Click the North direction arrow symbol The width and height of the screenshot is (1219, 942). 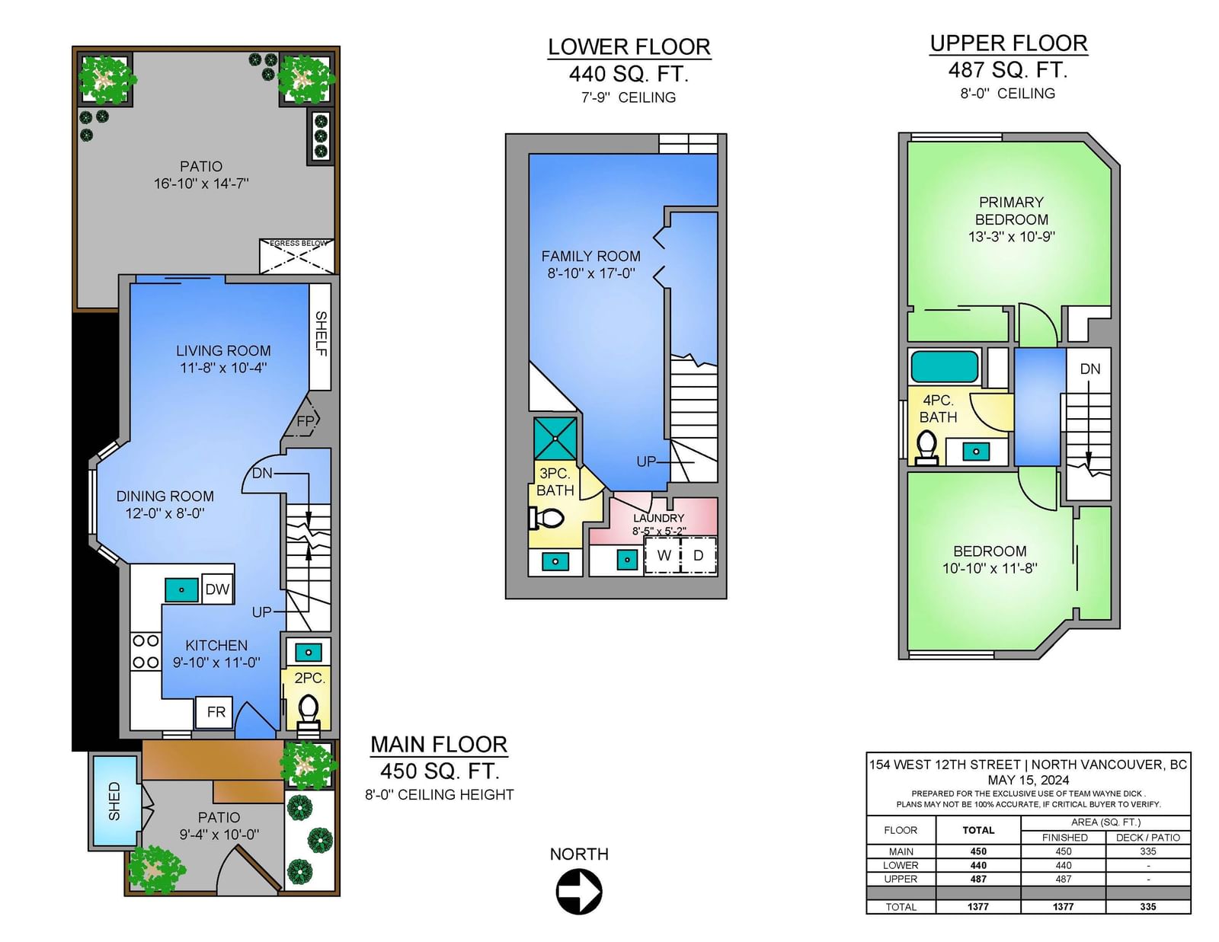click(x=579, y=891)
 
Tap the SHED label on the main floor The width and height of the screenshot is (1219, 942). click(x=114, y=801)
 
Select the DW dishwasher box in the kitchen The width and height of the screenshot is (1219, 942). click(x=218, y=589)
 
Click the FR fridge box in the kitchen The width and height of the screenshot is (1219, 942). click(x=216, y=712)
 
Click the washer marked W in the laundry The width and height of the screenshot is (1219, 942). click(x=663, y=555)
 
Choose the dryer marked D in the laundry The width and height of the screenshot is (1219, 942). click(x=699, y=555)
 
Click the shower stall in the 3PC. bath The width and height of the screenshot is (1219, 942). click(x=555, y=438)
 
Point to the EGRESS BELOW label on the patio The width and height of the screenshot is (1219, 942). click(x=299, y=244)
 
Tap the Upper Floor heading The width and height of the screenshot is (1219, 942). click(x=1009, y=43)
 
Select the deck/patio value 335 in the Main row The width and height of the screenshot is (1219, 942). click(x=1147, y=851)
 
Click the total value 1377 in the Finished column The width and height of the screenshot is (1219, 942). click(x=1063, y=907)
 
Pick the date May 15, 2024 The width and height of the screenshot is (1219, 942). click(x=1029, y=780)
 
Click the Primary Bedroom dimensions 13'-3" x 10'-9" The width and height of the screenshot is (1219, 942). click(x=1012, y=237)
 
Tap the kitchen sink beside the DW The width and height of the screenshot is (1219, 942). click(x=181, y=590)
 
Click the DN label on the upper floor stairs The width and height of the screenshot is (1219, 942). click(x=1090, y=369)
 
